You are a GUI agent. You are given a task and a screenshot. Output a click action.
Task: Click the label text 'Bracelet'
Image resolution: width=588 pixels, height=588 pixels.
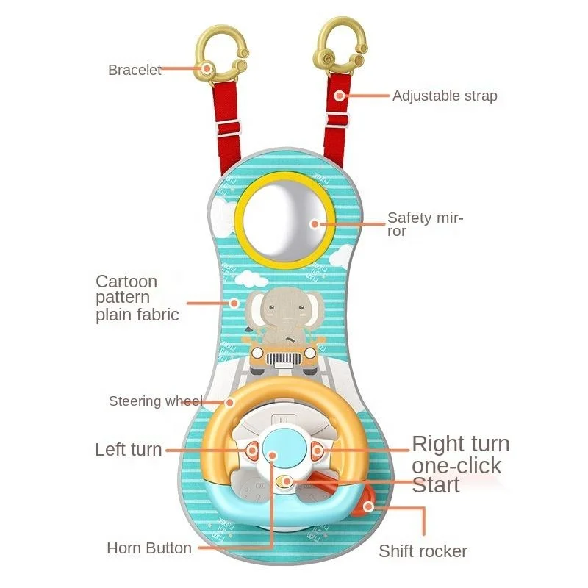135,71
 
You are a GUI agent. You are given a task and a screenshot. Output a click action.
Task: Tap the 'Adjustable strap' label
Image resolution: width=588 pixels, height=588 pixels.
444,96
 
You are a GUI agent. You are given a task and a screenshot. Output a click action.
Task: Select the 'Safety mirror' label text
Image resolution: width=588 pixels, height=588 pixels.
425,224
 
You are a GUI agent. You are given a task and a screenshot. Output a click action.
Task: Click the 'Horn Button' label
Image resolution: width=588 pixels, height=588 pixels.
149,548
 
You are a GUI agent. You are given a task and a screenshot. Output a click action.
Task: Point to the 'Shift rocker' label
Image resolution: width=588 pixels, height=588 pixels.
423,551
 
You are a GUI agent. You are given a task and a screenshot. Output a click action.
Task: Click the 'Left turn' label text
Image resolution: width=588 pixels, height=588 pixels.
129,450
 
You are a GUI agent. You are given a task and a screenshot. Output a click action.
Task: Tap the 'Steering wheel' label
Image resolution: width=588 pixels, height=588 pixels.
155,401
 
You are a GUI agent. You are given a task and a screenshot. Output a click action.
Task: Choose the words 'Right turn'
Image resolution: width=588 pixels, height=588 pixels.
460,444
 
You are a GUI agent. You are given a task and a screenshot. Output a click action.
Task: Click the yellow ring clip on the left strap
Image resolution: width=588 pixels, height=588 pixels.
218,53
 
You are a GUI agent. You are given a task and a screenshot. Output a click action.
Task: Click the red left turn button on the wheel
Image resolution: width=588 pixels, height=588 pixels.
250,450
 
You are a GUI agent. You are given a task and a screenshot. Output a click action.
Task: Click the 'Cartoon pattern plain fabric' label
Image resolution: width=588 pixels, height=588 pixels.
137,298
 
